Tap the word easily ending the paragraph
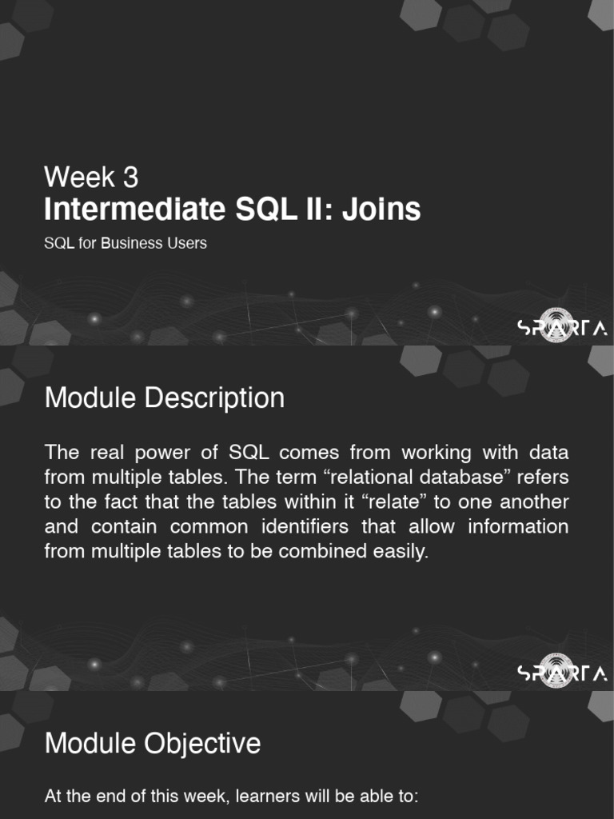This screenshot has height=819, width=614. [x=401, y=553]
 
